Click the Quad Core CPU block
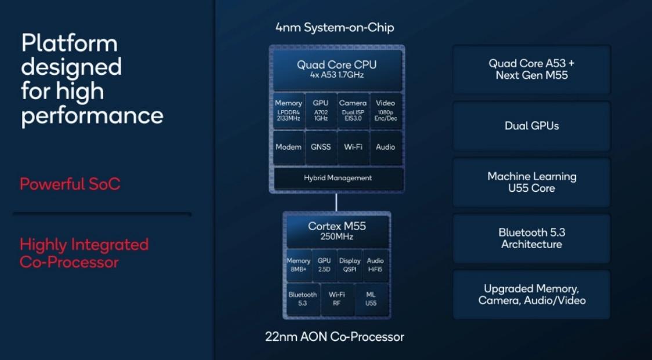(x=336, y=70)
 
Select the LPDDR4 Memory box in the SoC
(x=288, y=111)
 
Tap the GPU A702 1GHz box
(x=320, y=111)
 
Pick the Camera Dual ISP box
(x=353, y=111)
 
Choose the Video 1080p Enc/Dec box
(x=385, y=111)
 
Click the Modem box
(x=288, y=147)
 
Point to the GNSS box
(x=320, y=147)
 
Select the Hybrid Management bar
(x=338, y=178)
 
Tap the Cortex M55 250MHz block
(x=336, y=231)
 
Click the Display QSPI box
(x=350, y=266)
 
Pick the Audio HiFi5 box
(x=375, y=266)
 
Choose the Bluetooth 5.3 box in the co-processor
(x=302, y=299)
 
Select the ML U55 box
(x=371, y=299)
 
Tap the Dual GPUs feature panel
(x=531, y=126)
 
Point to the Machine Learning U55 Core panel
(x=531, y=182)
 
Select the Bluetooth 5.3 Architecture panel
(x=531, y=238)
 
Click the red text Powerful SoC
(x=70, y=184)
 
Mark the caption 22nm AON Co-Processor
(x=335, y=337)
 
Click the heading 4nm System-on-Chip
(x=335, y=27)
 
